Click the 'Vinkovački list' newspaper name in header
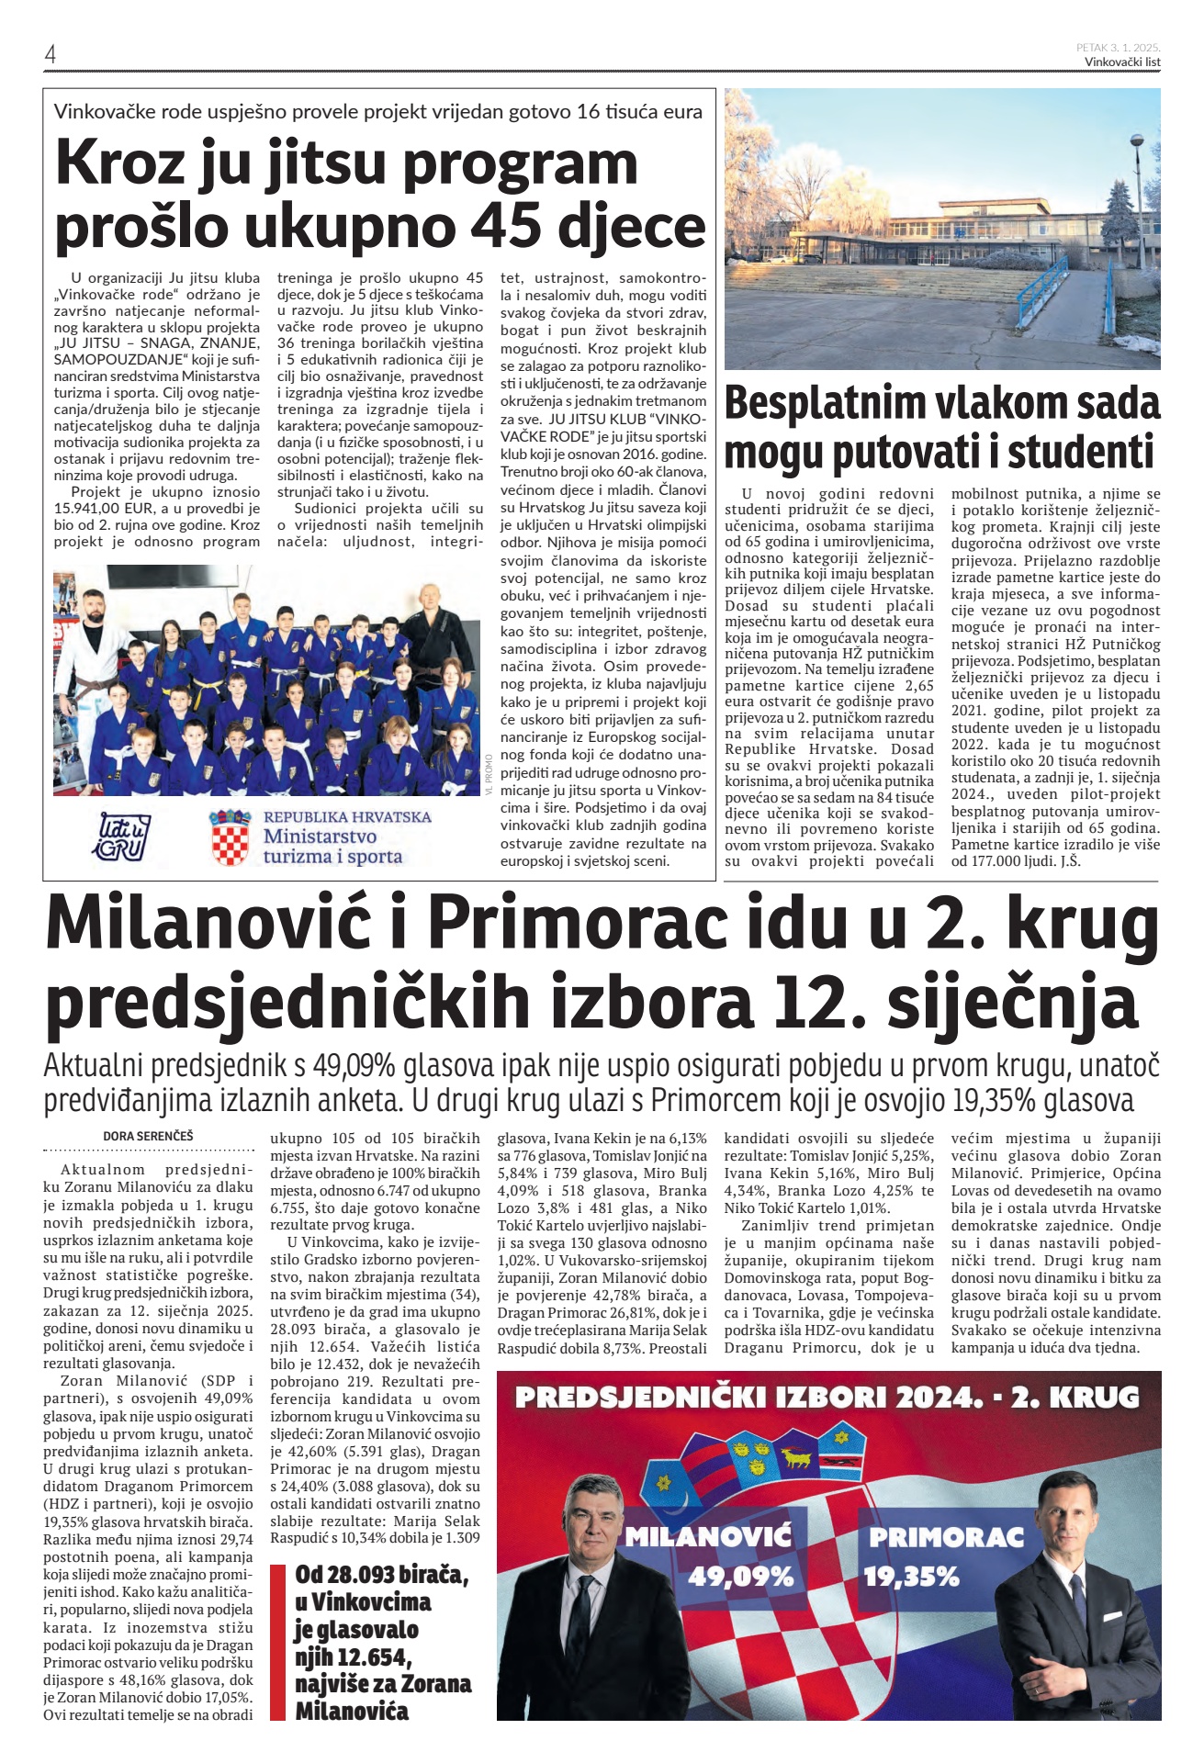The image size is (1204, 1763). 1122,62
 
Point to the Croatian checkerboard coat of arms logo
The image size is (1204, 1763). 230,837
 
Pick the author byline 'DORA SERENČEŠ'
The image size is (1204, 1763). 148,1136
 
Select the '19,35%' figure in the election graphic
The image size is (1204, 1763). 911,1577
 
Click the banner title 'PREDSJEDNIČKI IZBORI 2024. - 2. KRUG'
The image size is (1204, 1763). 827,1398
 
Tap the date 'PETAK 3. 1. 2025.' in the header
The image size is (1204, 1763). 1118,47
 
